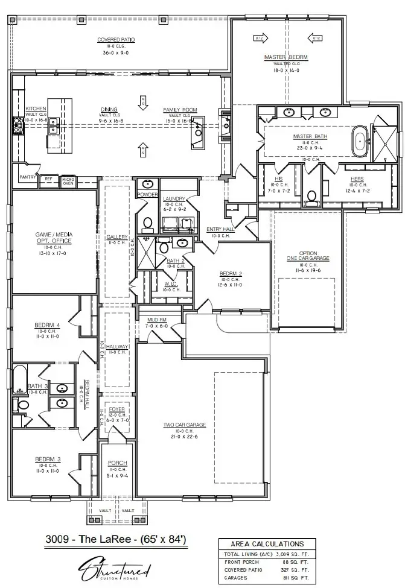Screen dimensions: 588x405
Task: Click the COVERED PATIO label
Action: pos(116,40)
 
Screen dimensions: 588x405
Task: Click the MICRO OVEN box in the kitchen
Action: pos(68,180)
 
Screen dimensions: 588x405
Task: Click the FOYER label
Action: pos(116,409)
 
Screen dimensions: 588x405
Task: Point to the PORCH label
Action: pos(117,463)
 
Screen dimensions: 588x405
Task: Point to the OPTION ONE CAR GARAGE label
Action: pos(307,256)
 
